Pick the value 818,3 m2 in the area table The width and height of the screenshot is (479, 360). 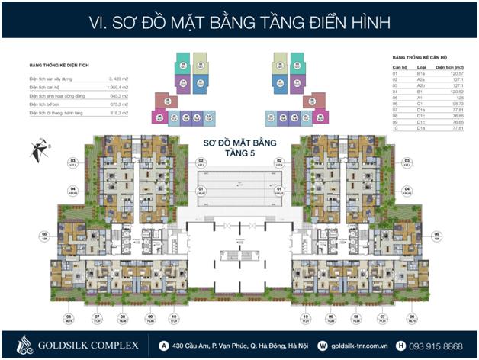click(x=119, y=113)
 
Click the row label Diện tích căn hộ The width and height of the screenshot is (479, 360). click(x=47, y=88)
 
